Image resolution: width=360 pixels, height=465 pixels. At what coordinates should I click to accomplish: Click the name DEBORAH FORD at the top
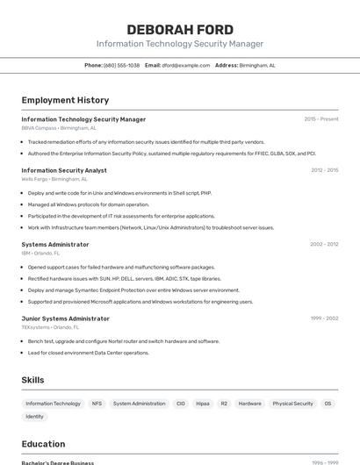(180, 30)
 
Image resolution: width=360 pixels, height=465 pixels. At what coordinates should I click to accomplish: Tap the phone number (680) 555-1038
(121, 65)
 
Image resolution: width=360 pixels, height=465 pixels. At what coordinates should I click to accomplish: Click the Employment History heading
(65, 100)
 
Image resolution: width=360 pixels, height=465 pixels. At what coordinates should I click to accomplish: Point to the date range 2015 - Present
(320, 119)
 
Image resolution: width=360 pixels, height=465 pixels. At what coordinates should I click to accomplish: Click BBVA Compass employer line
(59, 128)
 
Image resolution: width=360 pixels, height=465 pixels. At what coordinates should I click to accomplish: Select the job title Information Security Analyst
(64, 170)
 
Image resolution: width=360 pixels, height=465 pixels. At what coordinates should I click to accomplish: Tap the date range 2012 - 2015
(324, 170)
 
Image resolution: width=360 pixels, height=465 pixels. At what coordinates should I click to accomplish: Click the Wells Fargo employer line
(54, 179)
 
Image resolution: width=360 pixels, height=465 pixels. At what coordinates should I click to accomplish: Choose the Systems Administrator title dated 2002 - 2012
(55, 245)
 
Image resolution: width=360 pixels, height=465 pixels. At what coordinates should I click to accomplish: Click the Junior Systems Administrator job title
(65, 318)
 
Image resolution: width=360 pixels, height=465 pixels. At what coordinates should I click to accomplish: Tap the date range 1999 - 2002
(324, 318)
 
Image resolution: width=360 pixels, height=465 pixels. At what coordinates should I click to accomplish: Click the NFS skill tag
(97, 404)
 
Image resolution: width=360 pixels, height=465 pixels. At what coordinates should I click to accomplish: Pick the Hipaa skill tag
(203, 404)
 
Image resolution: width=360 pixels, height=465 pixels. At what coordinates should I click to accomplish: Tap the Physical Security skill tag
(292, 404)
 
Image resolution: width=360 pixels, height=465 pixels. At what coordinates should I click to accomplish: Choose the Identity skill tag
(34, 417)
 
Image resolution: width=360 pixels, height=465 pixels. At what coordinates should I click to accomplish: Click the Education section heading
(43, 444)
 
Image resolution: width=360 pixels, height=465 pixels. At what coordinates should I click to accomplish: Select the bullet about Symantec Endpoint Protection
(133, 290)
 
